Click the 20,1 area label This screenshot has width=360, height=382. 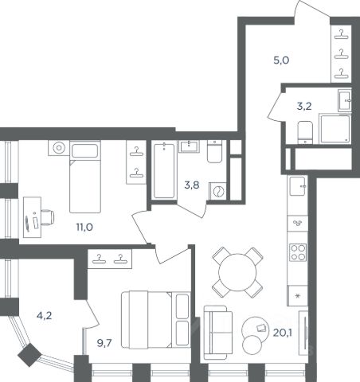coord(283,332)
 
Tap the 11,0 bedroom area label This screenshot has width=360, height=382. coord(84,227)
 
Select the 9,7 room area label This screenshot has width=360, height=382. coord(104,343)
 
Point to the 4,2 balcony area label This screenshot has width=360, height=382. coord(45,315)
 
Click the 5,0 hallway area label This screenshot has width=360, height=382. coord(281,60)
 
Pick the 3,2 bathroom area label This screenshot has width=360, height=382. coord(304,106)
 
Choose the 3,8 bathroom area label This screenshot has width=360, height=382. coord(192,185)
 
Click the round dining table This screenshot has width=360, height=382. coord(237,272)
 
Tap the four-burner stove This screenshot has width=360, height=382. coord(298,252)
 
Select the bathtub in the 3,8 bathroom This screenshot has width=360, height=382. coord(164,170)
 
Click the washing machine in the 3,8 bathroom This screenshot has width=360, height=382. coord(218,191)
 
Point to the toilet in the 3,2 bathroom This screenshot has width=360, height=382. coord(305,132)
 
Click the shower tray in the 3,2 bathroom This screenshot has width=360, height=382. coord(335,129)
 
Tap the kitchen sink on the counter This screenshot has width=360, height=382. coord(298,186)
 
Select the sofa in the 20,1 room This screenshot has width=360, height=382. coord(218,333)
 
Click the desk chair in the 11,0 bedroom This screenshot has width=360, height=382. coord(47,217)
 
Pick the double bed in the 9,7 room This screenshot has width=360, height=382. coord(156,320)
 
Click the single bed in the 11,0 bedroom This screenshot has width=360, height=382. coord(85,177)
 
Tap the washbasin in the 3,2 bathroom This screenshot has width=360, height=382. coord(345,100)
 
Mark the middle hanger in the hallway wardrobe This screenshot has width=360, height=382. coord(341,54)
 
